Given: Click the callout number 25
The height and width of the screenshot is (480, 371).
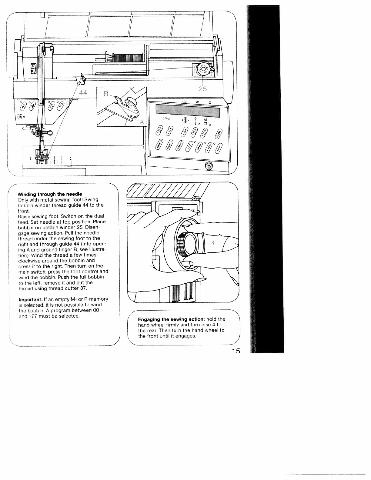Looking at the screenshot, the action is point(202,89).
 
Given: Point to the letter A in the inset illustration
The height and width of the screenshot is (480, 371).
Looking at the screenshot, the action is point(142,122).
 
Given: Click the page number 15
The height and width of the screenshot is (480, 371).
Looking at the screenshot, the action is point(234,351).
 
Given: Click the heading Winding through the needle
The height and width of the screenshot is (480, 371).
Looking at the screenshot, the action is point(50,194).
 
